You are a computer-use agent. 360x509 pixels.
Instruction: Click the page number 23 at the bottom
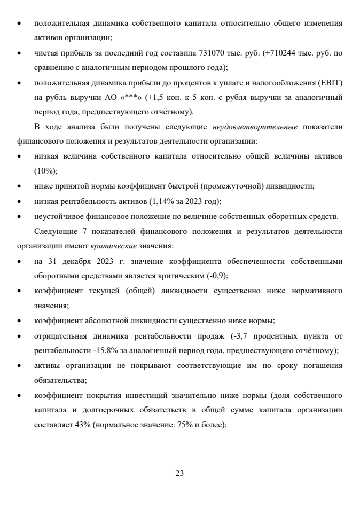180,473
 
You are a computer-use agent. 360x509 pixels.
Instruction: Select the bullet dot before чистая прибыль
20,53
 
